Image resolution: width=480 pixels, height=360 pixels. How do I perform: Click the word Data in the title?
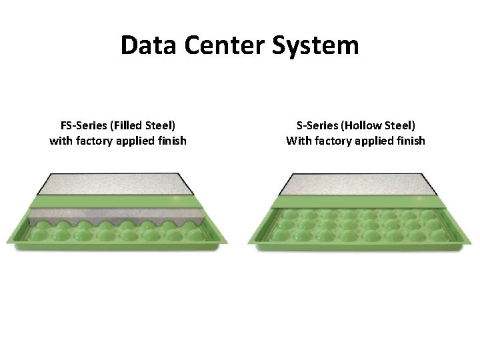(143, 46)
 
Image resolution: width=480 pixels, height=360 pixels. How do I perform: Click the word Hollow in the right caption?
(363, 125)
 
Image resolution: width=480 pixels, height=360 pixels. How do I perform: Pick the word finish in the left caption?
(169, 141)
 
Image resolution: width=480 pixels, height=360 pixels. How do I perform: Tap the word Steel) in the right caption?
(398, 125)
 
